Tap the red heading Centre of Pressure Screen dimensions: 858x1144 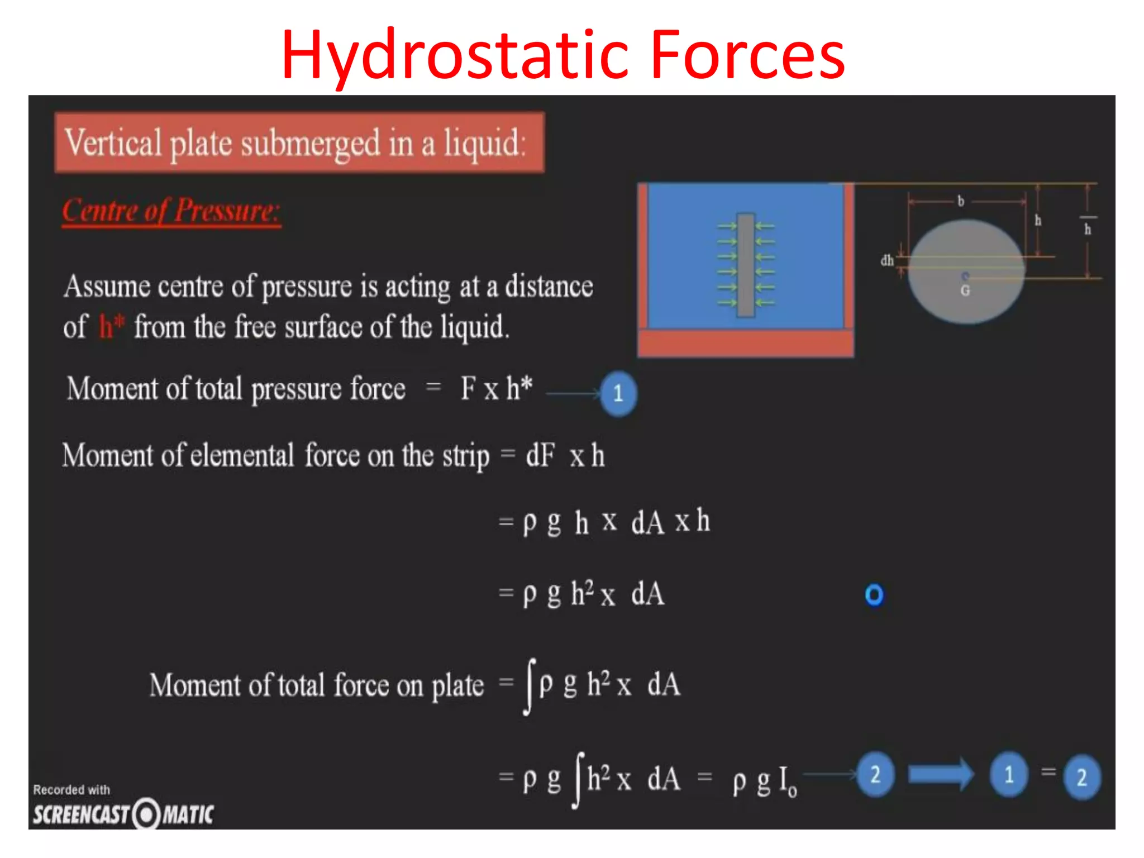pos(171,212)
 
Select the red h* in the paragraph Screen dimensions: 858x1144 pos(111,326)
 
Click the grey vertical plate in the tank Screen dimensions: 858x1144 pos(746,265)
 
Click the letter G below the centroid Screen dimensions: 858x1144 pos(965,290)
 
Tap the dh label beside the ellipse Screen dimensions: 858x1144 pos(887,260)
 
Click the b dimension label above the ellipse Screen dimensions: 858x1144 pos(961,201)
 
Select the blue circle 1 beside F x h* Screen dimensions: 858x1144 pos(618,394)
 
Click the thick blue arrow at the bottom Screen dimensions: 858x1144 pos(941,774)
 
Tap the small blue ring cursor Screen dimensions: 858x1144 pos(874,595)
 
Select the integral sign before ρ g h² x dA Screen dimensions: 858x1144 pos(530,686)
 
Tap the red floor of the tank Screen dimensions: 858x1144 pos(746,343)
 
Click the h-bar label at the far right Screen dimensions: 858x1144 pos(1088,226)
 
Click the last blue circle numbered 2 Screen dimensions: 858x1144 pos(1082,777)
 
